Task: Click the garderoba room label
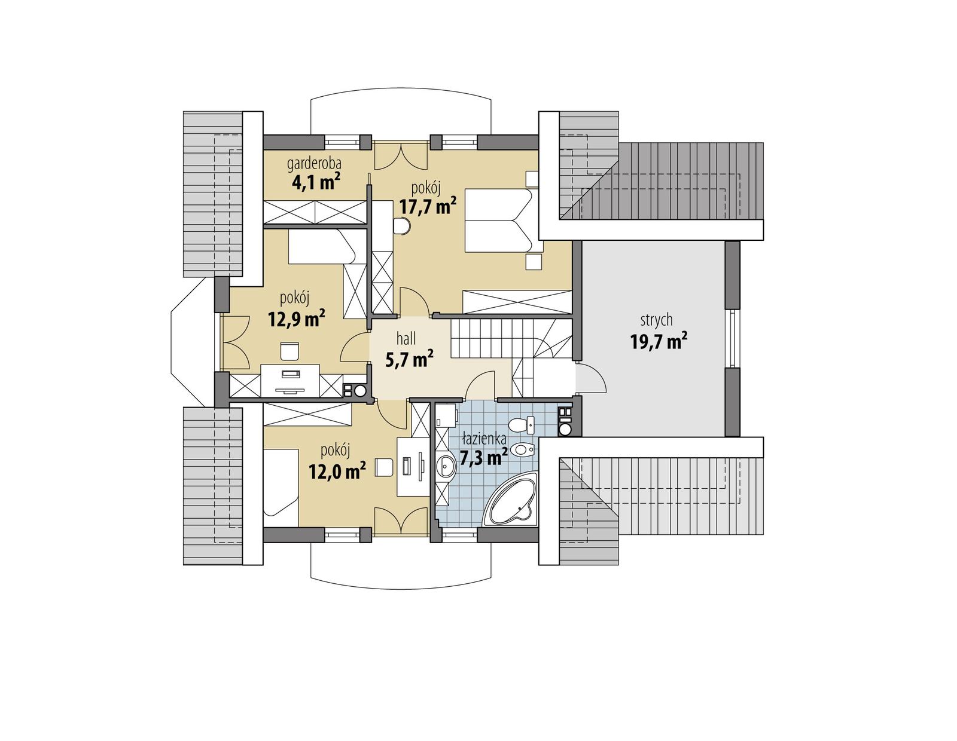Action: point(314,163)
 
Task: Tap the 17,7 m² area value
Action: point(428,207)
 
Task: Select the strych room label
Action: point(656,320)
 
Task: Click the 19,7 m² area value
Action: point(658,342)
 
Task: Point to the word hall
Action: point(406,339)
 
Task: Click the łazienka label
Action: point(484,439)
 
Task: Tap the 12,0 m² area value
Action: point(337,471)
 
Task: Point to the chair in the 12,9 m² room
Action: point(289,351)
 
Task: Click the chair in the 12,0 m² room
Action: point(383,467)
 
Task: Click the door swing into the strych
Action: point(592,378)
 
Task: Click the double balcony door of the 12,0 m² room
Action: point(400,520)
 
